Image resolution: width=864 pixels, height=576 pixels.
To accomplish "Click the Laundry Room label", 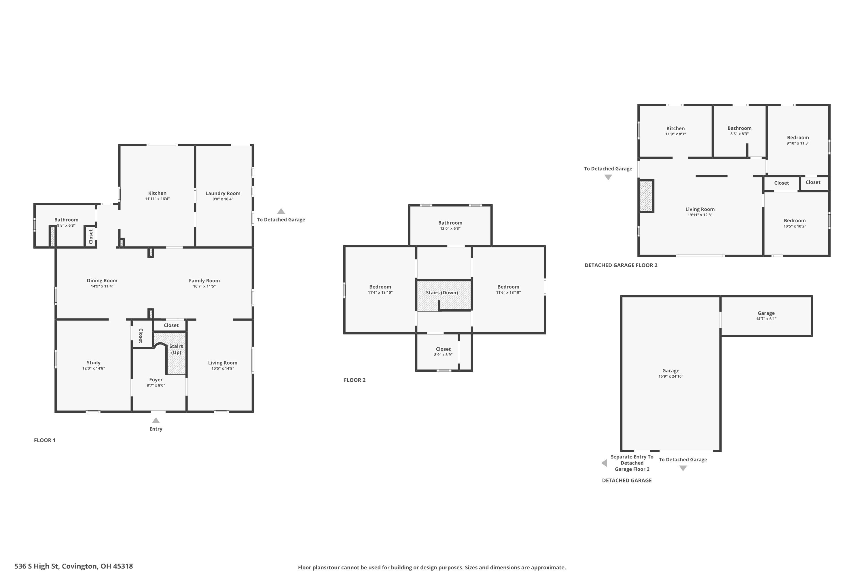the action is pyautogui.click(x=223, y=193).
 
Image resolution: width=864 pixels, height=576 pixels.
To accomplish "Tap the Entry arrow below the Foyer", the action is pyautogui.click(x=156, y=420).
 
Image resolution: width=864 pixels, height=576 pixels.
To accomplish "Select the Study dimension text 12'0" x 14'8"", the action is pyautogui.click(x=94, y=368).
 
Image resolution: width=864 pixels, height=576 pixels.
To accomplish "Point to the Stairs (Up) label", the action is pyautogui.click(x=176, y=349).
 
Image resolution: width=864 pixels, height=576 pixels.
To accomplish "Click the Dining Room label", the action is pyautogui.click(x=102, y=280).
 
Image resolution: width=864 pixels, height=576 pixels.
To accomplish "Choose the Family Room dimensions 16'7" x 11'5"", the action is pyautogui.click(x=204, y=286).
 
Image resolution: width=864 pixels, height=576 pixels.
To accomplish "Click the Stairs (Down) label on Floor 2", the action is pyautogui.click(x=442, y=292).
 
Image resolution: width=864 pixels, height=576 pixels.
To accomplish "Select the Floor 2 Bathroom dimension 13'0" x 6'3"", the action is pyautogui.click(x=450, y=228).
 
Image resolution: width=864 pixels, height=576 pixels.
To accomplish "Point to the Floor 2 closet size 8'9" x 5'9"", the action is pyautogui.click(x=443, y=355).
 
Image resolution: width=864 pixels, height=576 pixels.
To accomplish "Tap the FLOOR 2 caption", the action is pyautogui.click(x=355, y=380).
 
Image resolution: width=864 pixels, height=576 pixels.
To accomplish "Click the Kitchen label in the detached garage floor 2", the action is pyautogui.click(x=676, y=128).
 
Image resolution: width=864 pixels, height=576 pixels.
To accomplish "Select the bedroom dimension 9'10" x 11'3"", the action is pyautogui.click(x=798, y=143).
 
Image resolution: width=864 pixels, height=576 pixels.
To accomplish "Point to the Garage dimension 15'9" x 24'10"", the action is pyautogui.click(x=671, y=376).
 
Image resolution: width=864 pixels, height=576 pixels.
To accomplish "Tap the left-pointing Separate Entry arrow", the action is pyautogui.click(x=604, y=463).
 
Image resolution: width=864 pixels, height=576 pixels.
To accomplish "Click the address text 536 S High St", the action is pyautogui.click(x=37, y=566).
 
